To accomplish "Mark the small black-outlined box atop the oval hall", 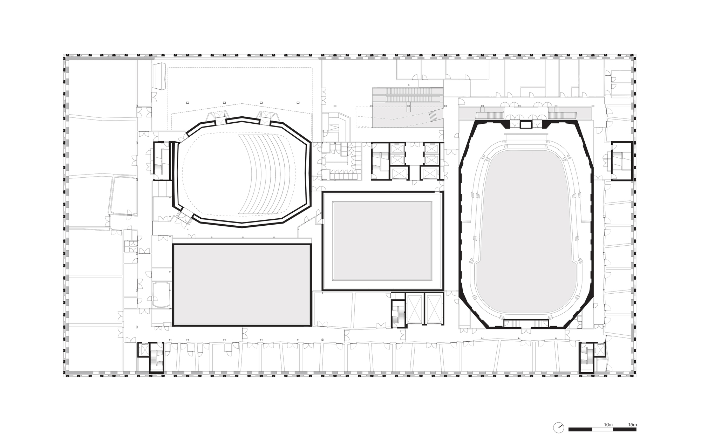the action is pos(525,125).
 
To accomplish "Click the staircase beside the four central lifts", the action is pos(379,161).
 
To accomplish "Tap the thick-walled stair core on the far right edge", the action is pos(622,161).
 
